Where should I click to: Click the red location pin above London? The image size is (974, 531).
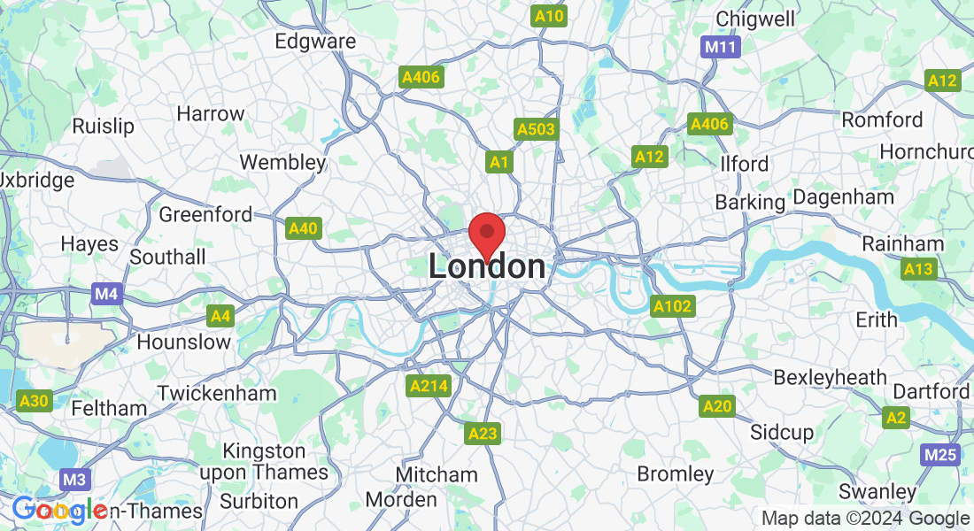486,235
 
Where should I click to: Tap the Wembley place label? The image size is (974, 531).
283,162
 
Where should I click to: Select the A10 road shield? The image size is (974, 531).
549,16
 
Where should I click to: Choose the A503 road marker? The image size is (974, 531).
537,129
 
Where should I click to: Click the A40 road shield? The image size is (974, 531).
303,228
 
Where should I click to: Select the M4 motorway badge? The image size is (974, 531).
107,293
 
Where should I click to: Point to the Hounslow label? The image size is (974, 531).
184,342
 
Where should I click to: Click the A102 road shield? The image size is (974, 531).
673,306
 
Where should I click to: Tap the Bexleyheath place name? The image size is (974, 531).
830,377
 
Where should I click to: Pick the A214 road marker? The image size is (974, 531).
429,386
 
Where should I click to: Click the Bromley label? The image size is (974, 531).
676,473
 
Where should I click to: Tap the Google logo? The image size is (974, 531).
59,510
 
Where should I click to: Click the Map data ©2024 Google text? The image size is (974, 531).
865,519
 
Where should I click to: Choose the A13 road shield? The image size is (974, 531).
918,268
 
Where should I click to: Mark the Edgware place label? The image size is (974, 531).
315,41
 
